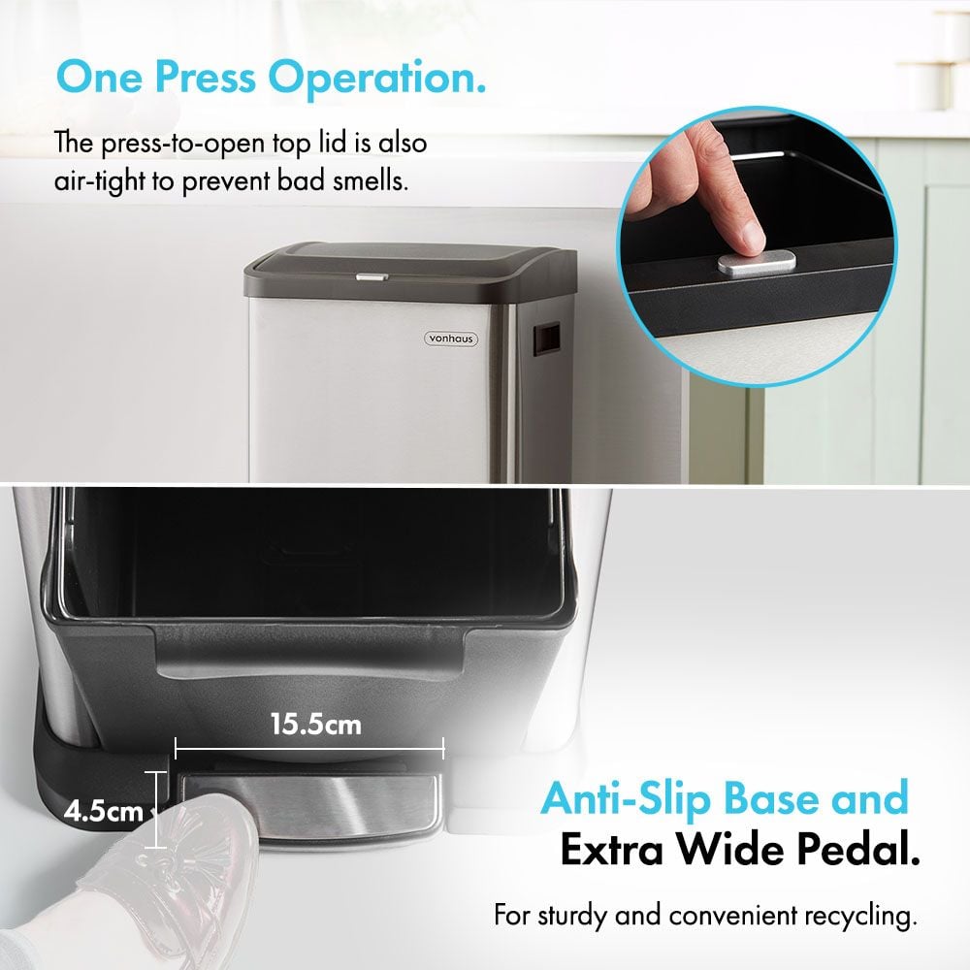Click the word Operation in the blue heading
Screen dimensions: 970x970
(x=376, y=79)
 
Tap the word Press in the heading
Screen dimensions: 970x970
(x=205, y=78)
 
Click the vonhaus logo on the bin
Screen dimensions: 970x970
(x=451, y=339)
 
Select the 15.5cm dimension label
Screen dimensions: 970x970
(x=315, y=725)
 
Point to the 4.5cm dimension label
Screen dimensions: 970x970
(x=104, y=811)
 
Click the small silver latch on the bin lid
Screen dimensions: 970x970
(x=372, y=276)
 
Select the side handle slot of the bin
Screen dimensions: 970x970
(x=546, y=339)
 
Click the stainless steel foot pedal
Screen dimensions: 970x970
(x=309, y=804)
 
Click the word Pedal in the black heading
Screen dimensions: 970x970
(x=858, y=850)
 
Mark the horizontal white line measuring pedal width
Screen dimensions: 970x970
(x=309, y=749)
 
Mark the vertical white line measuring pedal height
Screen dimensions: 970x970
(x=156, y=810)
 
